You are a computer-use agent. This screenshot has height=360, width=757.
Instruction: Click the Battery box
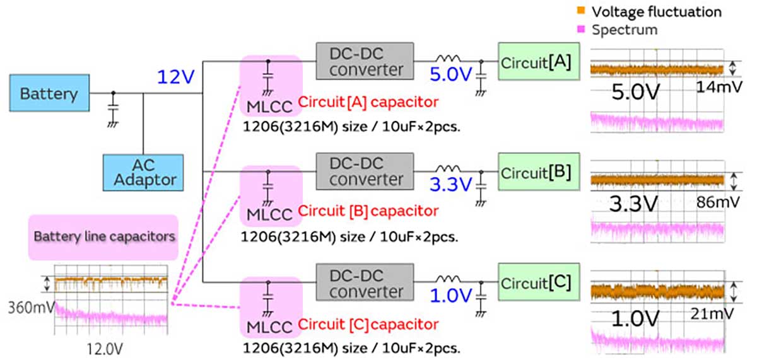[x=49, y=94]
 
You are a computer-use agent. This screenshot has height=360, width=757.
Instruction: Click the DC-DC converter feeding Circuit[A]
[x=365, y=61]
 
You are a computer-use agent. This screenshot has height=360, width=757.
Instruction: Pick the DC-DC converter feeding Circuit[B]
[x=365, y=171]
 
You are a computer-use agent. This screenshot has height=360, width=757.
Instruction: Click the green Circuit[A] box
[x=536, y=62]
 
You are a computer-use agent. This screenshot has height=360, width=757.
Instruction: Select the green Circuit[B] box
[x=536, y=172]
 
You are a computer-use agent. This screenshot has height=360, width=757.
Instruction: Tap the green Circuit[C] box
[x=536, y=283]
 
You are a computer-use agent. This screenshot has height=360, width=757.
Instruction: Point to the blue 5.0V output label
[x=451, y=75]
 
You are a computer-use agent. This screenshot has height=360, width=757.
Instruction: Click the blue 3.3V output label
[x=451, y=185]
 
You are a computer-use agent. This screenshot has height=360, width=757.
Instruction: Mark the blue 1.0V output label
[x=451, y=296]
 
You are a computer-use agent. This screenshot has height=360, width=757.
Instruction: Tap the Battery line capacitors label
[x=103, y=237]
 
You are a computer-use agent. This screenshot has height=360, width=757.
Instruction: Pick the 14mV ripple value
[x=715, y=91]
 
